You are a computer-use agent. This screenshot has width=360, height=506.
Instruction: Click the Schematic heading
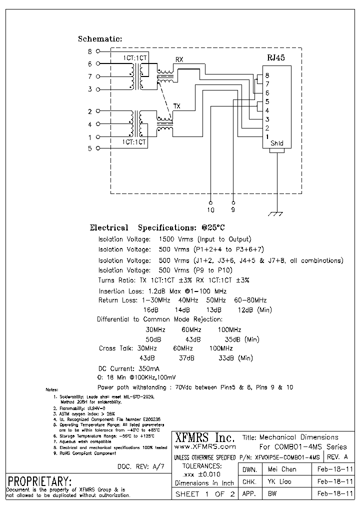[x=100, y=39]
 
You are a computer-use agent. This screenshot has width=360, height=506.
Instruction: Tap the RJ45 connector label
[x=275, y=57]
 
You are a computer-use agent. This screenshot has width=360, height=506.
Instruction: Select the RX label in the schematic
[x=179, y=60]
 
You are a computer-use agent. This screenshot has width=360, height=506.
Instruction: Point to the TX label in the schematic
[x=176, y=106]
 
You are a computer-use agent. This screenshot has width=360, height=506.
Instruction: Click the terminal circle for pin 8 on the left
[x=98, y=51]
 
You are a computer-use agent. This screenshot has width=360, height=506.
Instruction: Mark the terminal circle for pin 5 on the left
[x=98, y=148]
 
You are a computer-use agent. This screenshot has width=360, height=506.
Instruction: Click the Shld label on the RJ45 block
[x=276, y=143]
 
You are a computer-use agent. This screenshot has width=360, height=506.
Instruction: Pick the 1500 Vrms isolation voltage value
[x=177, y=239]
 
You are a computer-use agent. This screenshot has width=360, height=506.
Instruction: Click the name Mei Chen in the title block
[x=282, y=469]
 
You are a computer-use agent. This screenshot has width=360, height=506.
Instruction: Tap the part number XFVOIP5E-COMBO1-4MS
[x=287, y=457]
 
